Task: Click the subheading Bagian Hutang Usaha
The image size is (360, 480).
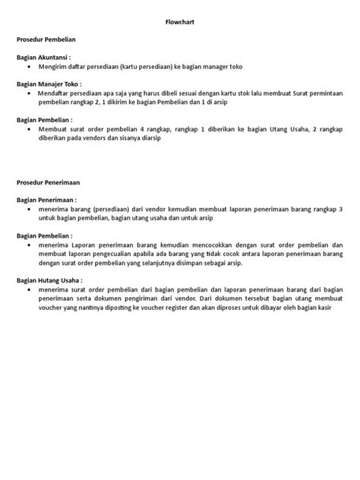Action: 49,280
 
